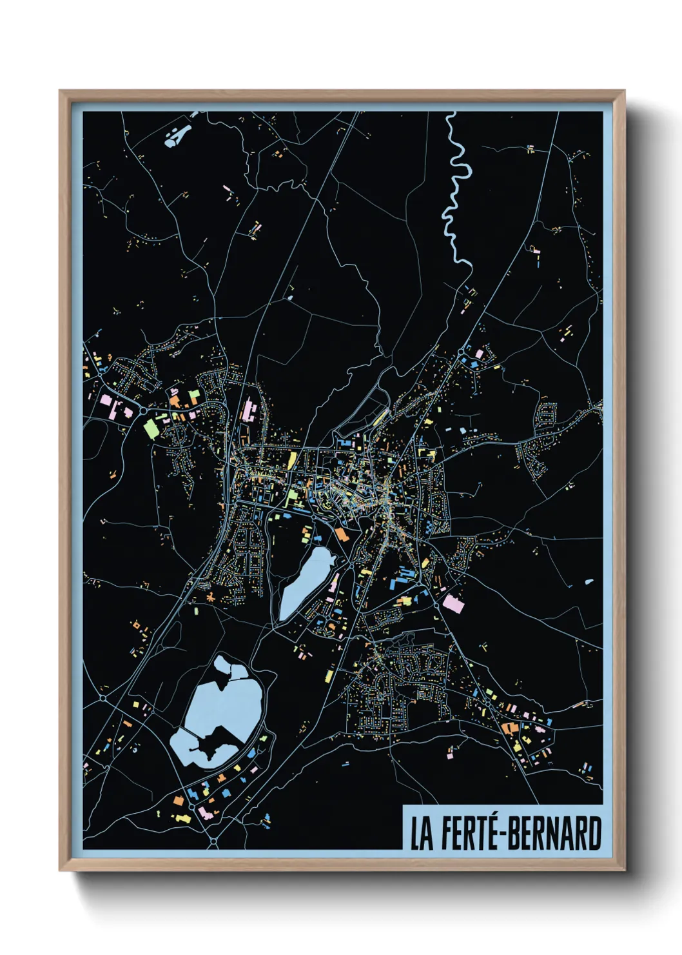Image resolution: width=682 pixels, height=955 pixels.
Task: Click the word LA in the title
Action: tap(422, 833)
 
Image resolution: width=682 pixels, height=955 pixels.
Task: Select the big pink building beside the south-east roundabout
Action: tap(453, 603)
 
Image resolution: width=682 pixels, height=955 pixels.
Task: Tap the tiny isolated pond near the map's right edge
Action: tap(589, 582)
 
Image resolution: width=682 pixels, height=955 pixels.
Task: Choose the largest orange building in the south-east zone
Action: tap(510, 728)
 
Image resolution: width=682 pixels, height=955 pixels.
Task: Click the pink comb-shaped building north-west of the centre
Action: tap(248, 410)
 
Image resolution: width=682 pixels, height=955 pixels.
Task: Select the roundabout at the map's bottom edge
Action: tap(213, 842)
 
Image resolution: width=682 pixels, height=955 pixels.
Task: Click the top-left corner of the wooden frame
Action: tap(61, 92)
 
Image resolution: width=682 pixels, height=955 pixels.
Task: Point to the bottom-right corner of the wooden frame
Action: tap(623, 870)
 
